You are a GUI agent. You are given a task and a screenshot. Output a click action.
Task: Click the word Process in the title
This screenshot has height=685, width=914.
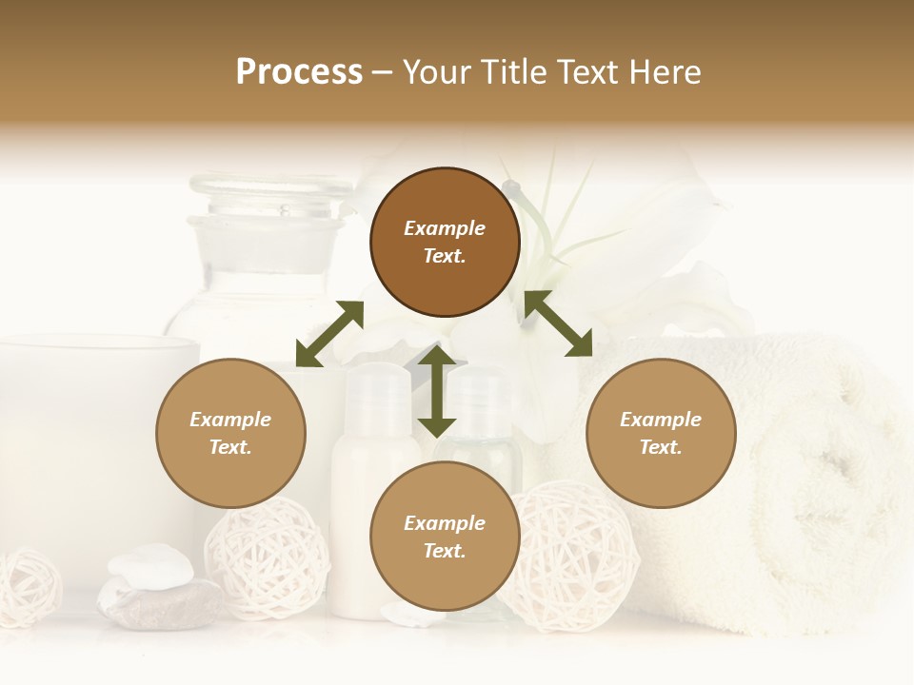pyautogui.click(x=299, y=72)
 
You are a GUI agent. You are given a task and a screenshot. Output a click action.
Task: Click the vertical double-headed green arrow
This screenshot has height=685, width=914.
pyautogui.click(x=437, y=391)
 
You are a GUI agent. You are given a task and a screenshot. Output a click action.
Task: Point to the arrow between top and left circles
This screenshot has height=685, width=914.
pyautogui.click(x=329, y=334)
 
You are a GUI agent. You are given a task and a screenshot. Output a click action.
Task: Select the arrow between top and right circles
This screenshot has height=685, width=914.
pyautogui.click(x=558, y=324)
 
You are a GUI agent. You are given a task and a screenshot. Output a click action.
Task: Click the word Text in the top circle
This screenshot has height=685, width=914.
pyautogui.click(x=444, y=256)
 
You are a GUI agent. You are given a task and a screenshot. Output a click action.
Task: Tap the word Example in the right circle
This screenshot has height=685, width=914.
pyautogui.click(x=661, y=420)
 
